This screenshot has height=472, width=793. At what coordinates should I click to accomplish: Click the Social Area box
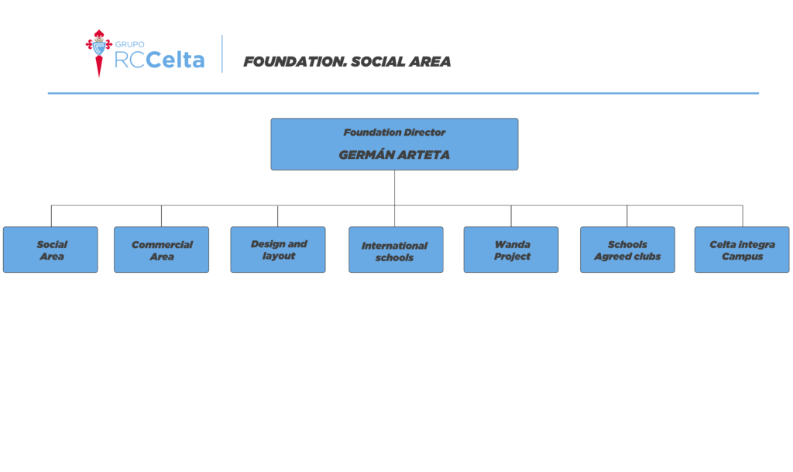click(50, 250)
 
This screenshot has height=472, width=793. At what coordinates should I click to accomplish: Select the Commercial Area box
click(161, 250)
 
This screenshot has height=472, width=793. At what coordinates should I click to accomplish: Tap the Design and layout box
click(278, 250)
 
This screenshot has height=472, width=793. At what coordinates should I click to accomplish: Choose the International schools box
click(396, 250)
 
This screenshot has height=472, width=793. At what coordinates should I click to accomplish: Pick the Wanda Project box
click(511, 250)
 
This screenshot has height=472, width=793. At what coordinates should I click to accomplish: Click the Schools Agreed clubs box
click(627, 250)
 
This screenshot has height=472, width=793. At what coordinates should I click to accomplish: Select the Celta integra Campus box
click(742, 250)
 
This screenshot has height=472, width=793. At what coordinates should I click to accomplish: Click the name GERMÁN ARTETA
click(394, 155)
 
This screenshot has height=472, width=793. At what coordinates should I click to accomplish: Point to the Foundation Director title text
click(394, 133)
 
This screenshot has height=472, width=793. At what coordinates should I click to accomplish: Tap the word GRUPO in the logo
click(129, 44)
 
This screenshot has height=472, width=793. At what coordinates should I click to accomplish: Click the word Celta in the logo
click(175, 60)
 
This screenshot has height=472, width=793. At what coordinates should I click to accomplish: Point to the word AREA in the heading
click(430, 62)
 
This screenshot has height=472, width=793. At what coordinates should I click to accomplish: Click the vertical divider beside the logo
click(222, 53)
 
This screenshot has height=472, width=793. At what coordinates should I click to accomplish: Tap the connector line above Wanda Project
click(511, 216)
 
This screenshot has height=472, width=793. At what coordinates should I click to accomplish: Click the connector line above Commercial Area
click(161, 216)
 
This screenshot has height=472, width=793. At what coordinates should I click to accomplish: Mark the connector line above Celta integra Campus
click(743, 216)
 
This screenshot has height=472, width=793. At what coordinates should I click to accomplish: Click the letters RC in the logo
click(129, 60)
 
